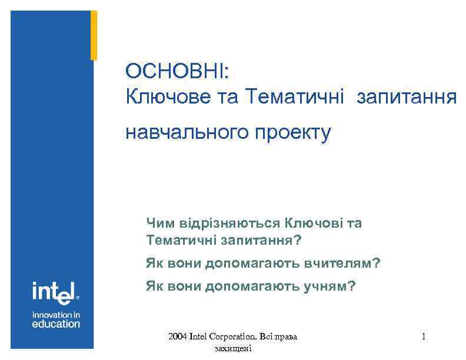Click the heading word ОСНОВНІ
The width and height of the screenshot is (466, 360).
click(177, 72)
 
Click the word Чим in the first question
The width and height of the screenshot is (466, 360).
click(158, 223)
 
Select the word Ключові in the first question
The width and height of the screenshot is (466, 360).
click(314, 223)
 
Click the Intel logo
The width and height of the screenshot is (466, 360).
click(55, 291)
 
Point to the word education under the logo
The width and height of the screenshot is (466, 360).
click(56, 324)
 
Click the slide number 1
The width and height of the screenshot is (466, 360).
click(424, 337)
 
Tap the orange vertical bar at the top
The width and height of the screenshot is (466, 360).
click(94, 35)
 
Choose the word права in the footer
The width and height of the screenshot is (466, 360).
click(286, 337)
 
